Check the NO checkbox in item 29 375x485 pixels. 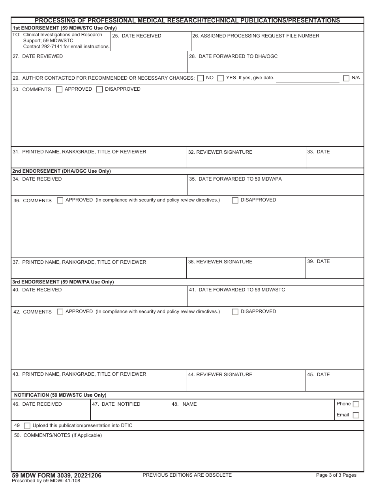[x=201, y=78]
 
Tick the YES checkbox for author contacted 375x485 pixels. [x=221, y=78]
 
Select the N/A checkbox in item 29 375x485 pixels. [x=346, y=78]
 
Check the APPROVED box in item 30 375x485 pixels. [x=59, y=90]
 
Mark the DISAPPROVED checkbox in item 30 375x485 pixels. [x=99, y=90]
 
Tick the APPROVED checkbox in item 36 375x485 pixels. [x=60, y=200]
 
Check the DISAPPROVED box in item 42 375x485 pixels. [x=235, y=312]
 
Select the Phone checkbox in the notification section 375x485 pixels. [x=356, y=404]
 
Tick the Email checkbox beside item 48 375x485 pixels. [x=356, y=415]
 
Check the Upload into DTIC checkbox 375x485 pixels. [x=27, y=426]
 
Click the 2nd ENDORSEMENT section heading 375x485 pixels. [x=62, y=171]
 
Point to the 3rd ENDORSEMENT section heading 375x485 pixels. [x=63, y=282]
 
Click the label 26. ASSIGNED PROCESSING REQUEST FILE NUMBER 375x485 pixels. [x=256, y=36]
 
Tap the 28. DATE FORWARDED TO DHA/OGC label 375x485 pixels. [x=233, y=56]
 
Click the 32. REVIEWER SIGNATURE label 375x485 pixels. [x=220, y=152]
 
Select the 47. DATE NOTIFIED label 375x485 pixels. [x=116, y=404]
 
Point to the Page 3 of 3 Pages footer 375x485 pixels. [x=336, y=475]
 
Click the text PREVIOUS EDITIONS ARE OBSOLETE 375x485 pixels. [x=187, y=475]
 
